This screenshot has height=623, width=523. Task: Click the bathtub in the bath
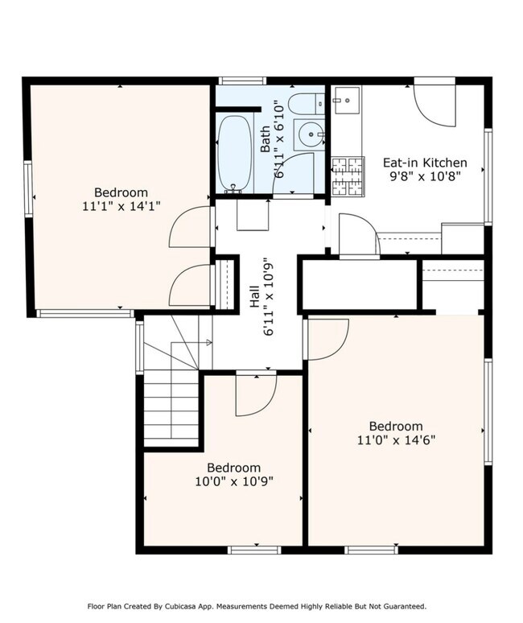coord(235,153)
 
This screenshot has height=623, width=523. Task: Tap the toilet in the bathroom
coord(307,104)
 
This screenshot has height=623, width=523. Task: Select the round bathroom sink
coord(310,134)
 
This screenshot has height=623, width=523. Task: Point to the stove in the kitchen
coord(348,176)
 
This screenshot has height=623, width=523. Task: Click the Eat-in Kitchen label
coord(425,163)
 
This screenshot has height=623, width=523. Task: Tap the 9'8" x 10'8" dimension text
coord(425,176)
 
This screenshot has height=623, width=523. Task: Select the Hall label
coord(254,297)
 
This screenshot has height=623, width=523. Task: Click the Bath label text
coord(265,138)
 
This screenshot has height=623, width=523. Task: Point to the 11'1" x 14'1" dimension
coord(121,206)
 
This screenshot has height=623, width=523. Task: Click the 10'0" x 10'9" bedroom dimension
coord(234,481)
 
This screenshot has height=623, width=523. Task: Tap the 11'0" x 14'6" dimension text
coord(397,440)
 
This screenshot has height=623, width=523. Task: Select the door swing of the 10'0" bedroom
coord(256,395)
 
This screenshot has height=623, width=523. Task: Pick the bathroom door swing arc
coord(294,174)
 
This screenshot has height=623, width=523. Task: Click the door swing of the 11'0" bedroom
coord(328,340)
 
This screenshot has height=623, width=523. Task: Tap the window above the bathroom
coord(242,81)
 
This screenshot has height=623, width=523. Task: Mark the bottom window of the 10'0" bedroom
coord(254,551)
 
